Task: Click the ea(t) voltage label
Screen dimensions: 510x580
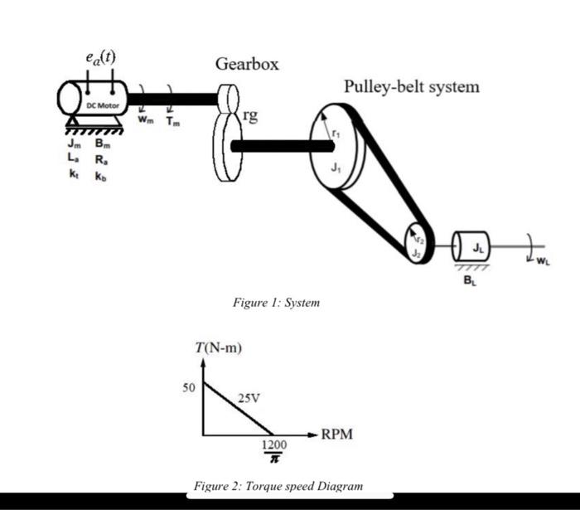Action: coord(100,57)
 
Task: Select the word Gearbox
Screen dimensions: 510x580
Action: coord(247,64)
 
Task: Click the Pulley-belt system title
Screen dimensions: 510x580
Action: coord(411,86)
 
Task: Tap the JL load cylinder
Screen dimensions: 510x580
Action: coord(473,245)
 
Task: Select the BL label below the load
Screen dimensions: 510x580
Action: coord(470,279)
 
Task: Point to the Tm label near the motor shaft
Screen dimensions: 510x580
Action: coord(172,121)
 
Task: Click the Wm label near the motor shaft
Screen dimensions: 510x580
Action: coord(145,121)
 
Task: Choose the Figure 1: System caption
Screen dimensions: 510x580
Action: coord(276,304)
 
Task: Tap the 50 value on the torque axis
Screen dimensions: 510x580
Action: coord(190,387)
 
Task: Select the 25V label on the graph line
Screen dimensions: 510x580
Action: coord(249,398)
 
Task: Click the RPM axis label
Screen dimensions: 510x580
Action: coord(337,434)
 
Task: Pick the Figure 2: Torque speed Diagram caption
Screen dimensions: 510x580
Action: coord(278,486)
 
